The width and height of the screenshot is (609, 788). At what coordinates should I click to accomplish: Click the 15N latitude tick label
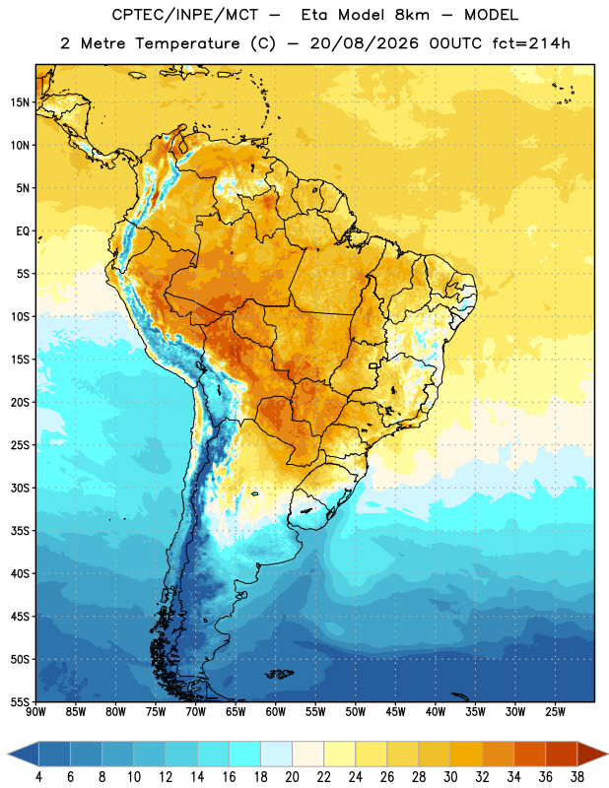tap(20, 102)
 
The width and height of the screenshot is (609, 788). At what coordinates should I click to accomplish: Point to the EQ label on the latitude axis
tap(23, 231)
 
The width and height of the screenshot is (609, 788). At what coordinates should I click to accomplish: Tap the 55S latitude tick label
tap(20, 702)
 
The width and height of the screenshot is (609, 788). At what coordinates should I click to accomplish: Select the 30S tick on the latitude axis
tap(20, 488)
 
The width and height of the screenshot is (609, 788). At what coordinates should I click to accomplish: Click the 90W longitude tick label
tap(35, 711)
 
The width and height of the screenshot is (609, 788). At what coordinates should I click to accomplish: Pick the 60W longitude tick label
tap(276, 711)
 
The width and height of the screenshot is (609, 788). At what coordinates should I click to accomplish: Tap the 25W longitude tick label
tap(555, 711)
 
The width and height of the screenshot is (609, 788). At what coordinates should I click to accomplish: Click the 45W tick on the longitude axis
tap(395, 711)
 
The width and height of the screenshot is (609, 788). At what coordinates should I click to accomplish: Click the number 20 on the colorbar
tap(292, 777)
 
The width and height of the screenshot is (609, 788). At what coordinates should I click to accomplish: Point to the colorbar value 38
tap(577, 777)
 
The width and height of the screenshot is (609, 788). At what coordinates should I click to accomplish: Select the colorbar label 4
tap(39, 777)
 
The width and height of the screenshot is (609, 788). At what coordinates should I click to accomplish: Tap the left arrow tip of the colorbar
tap(8, 754)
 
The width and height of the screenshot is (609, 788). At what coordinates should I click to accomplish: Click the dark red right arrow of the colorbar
tap(592, 754)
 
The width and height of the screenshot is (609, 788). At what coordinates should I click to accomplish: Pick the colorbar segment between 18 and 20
tap(277, 754)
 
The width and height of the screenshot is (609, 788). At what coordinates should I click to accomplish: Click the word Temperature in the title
tap(187, 43)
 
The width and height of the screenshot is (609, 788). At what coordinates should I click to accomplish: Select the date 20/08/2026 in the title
tap(364, 43)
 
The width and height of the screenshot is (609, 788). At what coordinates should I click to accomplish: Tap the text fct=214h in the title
tap(531, 43)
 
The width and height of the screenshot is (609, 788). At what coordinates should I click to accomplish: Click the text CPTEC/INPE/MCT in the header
tap(184, 15)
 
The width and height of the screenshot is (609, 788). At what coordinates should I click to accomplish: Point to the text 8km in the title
tap(412, 15)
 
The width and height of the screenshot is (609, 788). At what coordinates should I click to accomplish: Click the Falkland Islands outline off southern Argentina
tap(280, 674)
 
